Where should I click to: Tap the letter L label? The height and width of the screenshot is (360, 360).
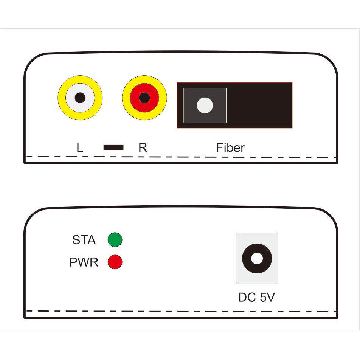pos(79,147)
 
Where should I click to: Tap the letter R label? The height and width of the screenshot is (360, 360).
pos(143,147)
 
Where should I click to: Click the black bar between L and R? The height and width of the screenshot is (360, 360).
pos(113,147)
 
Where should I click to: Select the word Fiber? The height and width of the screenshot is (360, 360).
pos(230,147)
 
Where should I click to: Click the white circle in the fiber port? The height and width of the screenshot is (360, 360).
pos(205,105)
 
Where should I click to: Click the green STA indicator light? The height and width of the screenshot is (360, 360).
pos(115,240)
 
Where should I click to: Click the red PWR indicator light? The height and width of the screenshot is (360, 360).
pos(115,262)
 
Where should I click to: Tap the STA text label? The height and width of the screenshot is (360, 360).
pos(84,240)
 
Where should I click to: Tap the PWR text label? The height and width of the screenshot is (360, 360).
pos(84,262)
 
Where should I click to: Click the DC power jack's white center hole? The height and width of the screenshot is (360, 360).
pos(257,259)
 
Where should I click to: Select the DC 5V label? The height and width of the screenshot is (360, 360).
pos(256,298)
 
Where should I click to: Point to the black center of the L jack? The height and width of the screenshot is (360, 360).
pos(80,98)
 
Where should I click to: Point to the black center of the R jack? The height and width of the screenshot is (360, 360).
pos(144,98)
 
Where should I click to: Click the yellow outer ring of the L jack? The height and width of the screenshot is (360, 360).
pos(61,98)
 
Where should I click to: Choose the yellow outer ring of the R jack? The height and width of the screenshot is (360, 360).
pos(126,98)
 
